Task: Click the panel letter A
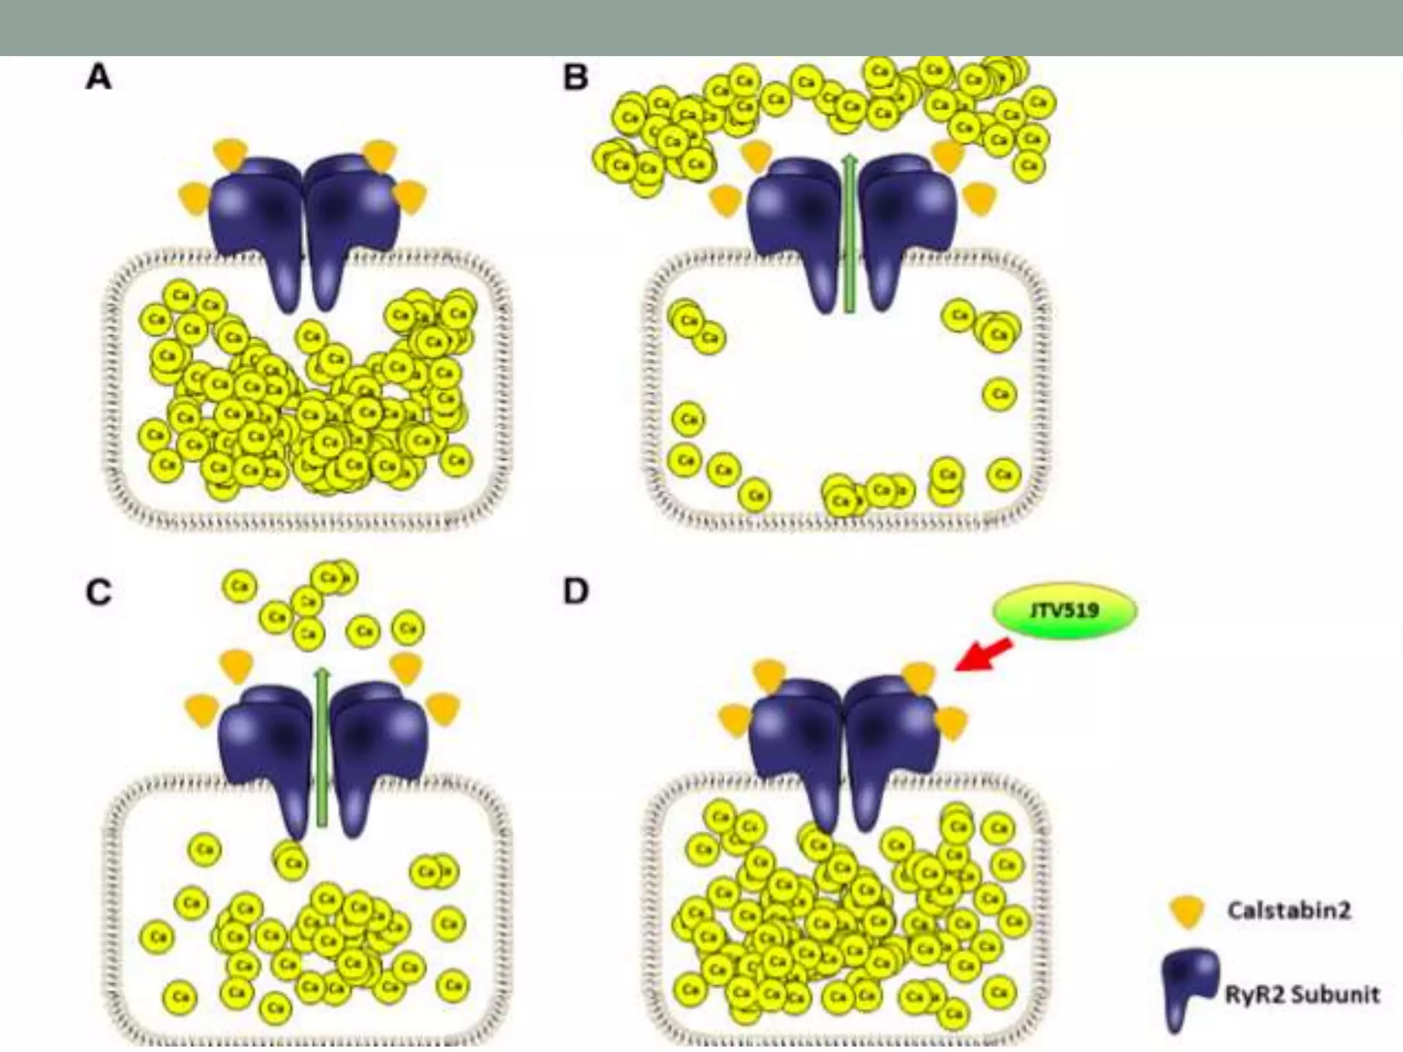(x=99, y=77)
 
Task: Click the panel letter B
(x=575, y=77)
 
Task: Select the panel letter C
(x=99, y=592)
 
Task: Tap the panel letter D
(x=575, y=591)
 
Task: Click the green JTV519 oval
(x=1065, y=610)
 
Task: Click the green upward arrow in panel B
(x=849, y=233)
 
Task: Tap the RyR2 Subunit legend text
(x=1302, y=994)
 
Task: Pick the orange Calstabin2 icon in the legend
(x=1187, y=912)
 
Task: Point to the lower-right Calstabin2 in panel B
(x=980, y=199)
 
